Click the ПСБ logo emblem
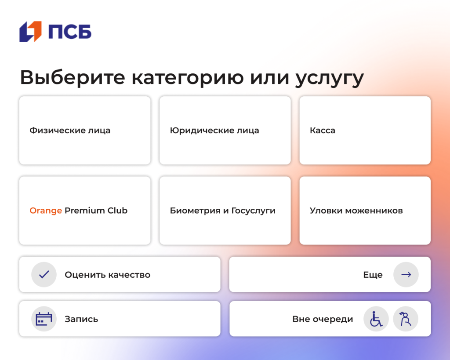(30, 32)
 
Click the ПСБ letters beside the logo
(70, 32)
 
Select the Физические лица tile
(84, 131)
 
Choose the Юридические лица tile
(225, 131)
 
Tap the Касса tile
(365, 131)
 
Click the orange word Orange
(46, 211)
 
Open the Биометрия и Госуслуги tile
(225, 211)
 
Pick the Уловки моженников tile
(365, 211)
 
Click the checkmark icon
(44, 275)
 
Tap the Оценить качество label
(108, 275)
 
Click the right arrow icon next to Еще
(406, 275)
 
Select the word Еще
(373, 275)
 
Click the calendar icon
(44, 319)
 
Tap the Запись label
(81, 319)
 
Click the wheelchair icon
(376, 319)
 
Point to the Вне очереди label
(323, 319)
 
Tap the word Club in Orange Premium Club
(117, 211)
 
